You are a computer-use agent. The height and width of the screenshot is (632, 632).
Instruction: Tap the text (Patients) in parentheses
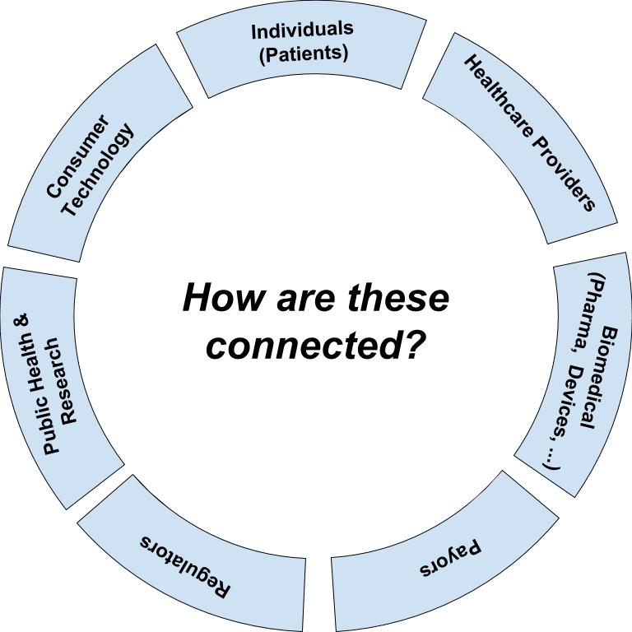(x=304, y=53)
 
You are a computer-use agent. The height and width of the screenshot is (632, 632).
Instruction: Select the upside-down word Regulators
(x=186, y=567)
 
